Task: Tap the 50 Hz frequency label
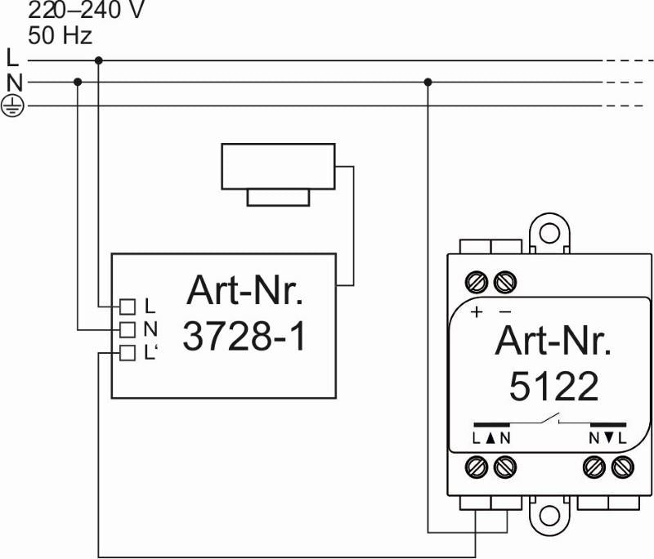60,36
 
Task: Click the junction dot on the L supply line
99,60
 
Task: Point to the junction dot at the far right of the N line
428,82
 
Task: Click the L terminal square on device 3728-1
127,306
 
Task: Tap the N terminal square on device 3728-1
127,329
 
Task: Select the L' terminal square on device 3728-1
127,353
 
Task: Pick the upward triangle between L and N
490,438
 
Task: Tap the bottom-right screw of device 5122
622,467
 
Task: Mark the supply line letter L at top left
11,59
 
